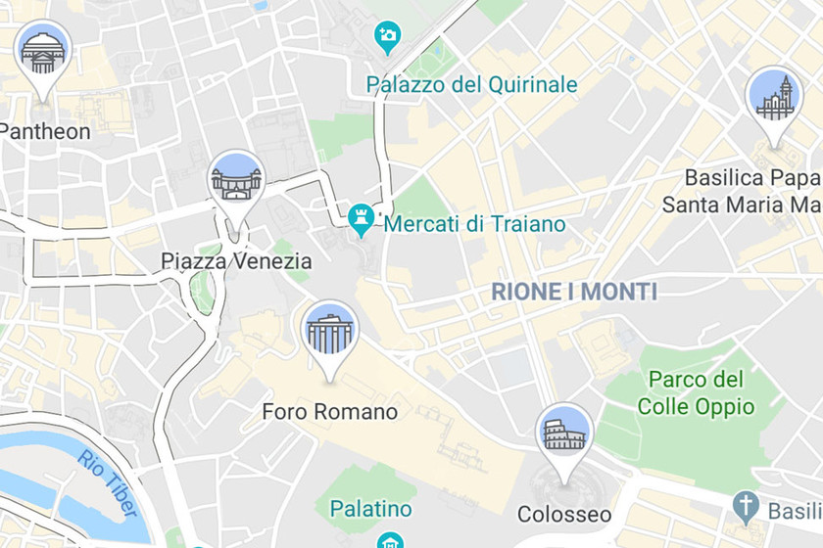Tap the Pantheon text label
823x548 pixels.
(44, 131)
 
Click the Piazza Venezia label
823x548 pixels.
(236, 261)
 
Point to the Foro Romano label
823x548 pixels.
(330, 412)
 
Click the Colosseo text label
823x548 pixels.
(564, 515)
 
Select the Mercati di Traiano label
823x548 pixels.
(475, 224)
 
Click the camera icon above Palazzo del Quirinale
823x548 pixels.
(388, 37)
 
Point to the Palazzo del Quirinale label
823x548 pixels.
(472, 85)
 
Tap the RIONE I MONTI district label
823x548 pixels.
(574, 292)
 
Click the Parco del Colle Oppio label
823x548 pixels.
(696, 392)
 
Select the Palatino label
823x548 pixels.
(370, 509)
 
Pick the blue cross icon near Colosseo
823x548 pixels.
(747, 507)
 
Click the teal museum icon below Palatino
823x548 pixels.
(390, 540)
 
